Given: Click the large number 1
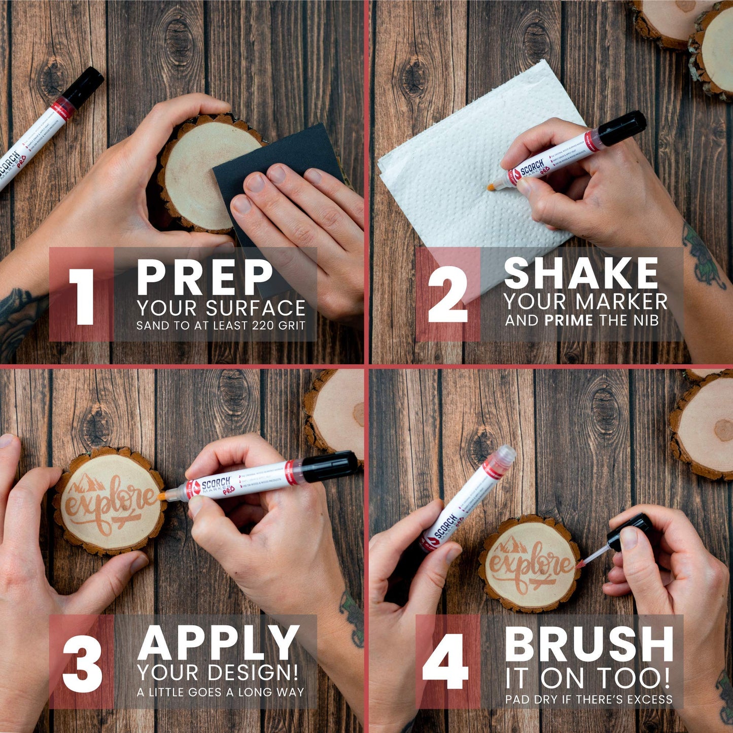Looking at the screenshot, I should [82, 297].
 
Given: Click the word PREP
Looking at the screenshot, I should [205, 277].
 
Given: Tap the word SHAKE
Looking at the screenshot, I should [581, 273].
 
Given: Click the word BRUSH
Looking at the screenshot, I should [589, 645].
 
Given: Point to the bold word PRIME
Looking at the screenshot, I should [568, 321].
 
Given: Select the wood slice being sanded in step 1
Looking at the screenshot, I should [198, 172].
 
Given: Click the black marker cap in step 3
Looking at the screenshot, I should [330, 466].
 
